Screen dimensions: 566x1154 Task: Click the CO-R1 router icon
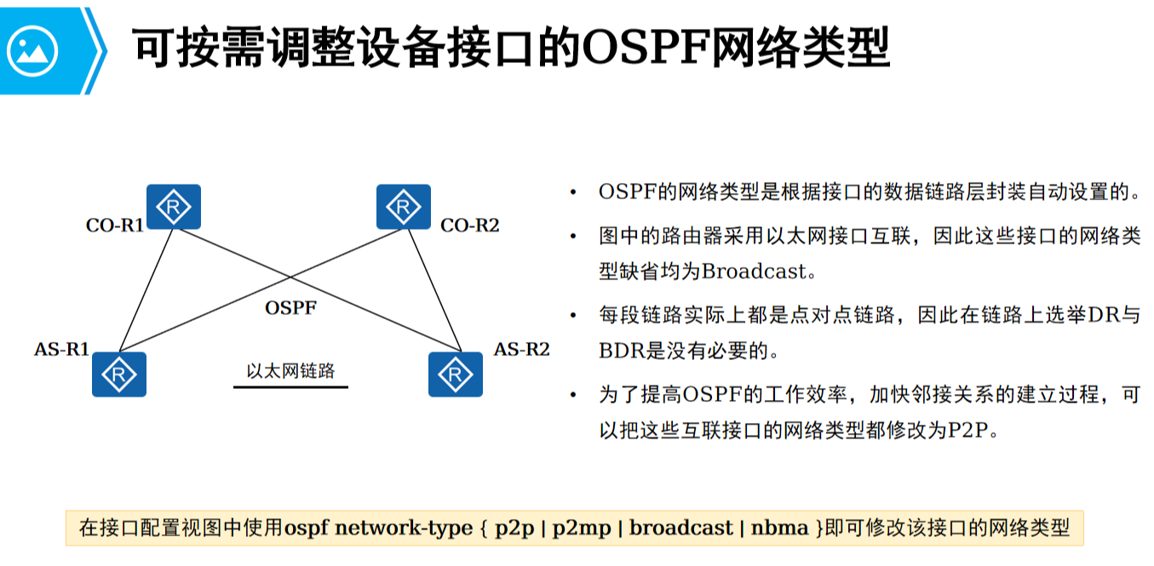tap(174, 207)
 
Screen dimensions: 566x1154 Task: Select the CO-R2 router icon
tap(403, 207)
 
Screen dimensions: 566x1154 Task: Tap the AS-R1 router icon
tap(119, 374)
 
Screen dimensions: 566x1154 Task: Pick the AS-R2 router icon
tap(456, 374)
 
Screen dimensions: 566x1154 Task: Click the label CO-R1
tap(115, 226)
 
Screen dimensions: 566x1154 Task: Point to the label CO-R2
tap(469, 226)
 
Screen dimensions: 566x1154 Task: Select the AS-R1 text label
tap(62, 349)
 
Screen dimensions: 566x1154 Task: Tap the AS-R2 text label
tap(521, 349)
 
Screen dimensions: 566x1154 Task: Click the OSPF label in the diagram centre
tap(290, 308)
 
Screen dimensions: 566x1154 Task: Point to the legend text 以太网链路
tap(290, 371)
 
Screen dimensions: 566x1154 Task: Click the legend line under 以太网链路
tap(290, 387)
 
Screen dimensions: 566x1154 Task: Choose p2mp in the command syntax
tap(582, 528)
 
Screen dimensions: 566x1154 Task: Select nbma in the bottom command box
tap(779, 528)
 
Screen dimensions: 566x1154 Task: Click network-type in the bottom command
tap(403, 528)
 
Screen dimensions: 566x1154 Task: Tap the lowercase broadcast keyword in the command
tap(681, 528)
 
